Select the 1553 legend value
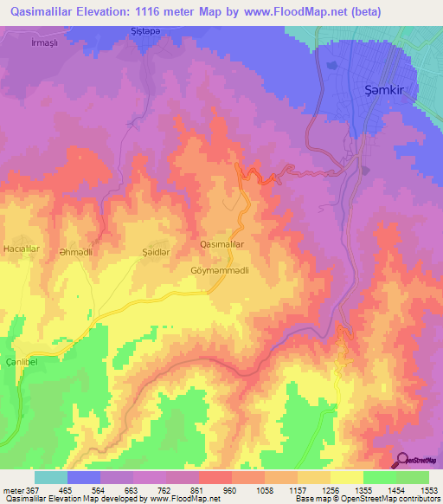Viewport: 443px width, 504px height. click(x=429, y=490)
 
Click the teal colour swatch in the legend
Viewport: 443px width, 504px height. click(x=51, y=477)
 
